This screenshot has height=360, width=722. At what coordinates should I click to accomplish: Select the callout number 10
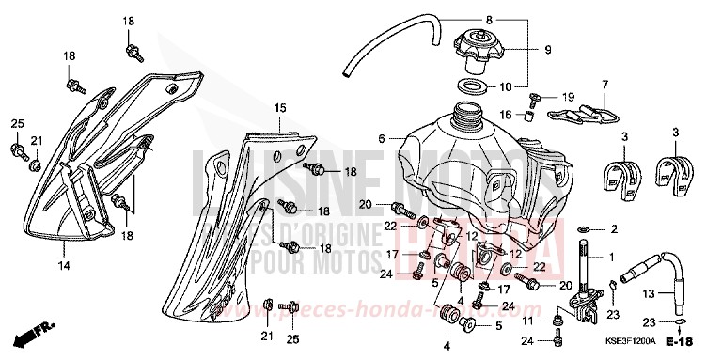(505, 87)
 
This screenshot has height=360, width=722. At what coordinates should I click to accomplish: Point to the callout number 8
(514, 20)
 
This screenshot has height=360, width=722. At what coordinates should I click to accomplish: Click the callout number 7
(604, 85)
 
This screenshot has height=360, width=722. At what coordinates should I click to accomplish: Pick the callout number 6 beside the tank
(382, 138)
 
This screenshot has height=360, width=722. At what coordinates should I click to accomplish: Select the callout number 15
(278, 109)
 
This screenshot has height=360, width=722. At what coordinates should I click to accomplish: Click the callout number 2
(614, 229)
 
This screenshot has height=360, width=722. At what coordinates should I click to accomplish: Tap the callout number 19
(567, 97)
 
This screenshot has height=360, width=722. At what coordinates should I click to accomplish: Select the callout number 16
(505, 114)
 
